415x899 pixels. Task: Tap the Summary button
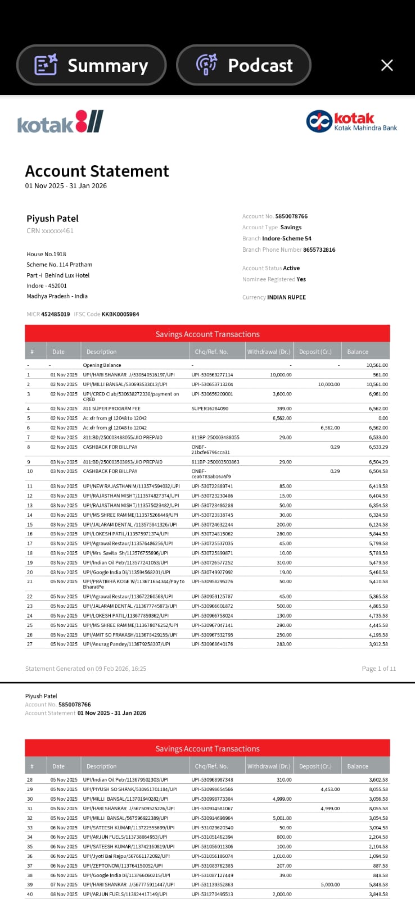coord(92,65)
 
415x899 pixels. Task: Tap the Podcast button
coord(244,65)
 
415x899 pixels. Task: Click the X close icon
coord(387,65)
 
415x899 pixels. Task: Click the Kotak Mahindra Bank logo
coord(351,121)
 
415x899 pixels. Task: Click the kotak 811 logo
coord(60,122)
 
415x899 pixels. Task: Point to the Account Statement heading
coord(97,171)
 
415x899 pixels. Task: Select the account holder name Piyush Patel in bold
coord(52,219)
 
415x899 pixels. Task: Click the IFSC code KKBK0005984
coord(120,314)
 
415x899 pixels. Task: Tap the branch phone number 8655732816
coord(319,249)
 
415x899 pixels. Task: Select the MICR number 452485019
coord(55,314)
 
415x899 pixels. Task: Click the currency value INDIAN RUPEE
coord(286,297)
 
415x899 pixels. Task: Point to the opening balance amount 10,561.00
coord(377,365)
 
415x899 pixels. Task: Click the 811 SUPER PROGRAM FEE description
coord(111,408)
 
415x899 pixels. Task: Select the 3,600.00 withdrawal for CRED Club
coord(282,394)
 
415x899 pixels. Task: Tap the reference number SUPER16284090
coord(210,408)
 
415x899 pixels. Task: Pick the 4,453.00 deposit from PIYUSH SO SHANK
coord(330,789)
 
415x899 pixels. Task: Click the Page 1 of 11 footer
coord(378,669)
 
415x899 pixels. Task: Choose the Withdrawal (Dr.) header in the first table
coord(269,352)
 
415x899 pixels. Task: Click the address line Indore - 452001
coord(47,285)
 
